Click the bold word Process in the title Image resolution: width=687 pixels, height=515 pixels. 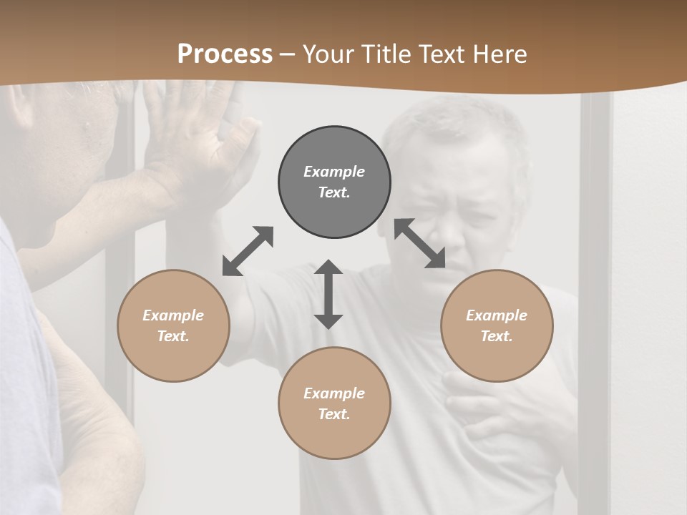pyautogui.click(x=225, y=54)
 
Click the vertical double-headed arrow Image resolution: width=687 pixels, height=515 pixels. pyautogui.click(x=328, y=294)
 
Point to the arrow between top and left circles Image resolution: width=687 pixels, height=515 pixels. pyautogui.click(x=248, y=251)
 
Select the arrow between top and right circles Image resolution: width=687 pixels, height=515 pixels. pyautogui.click(x=419, y=243)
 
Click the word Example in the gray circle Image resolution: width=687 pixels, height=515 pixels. pyautogui.click(x=334, y=172)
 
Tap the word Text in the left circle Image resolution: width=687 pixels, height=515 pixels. pyautogui.click(x=173, y=336)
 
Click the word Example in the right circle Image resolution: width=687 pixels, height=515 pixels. pyautogui.click(x=497, y=315)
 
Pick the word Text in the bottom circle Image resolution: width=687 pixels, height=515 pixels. pyautogui.click(x=334, y=414)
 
